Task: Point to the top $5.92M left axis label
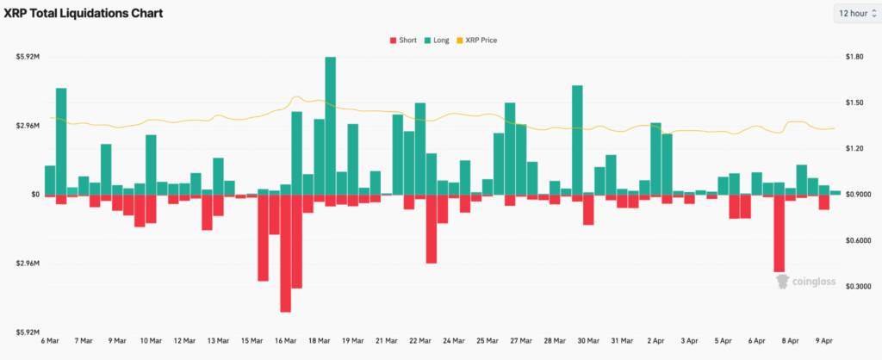(x=28, y=57)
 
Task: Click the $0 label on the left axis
(x=34, y=195)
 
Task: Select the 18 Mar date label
(x=319, y=341)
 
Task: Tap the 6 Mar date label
(x=50, y=341)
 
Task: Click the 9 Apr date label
(x=823, y=341)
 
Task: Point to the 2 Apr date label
(x=655, y=341)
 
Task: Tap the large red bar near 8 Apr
(x=780, y=233)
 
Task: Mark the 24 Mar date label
(x=453, y=341)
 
